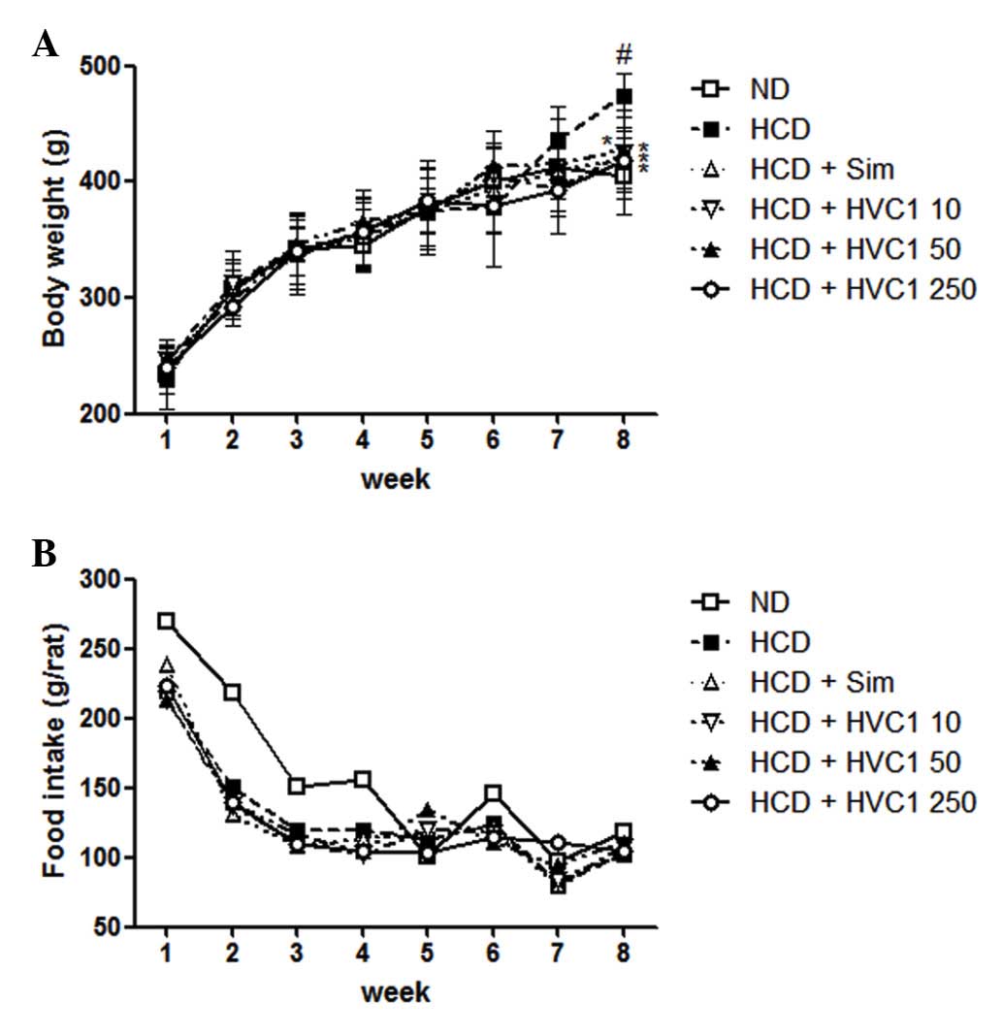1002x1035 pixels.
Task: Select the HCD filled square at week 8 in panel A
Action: pos(625,97)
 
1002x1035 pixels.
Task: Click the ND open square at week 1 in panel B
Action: pos(166,621)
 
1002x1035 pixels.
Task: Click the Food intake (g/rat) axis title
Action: pos(54,753)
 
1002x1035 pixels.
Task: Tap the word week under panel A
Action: pos(395,478)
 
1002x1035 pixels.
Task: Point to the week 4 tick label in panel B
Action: pos(362,953)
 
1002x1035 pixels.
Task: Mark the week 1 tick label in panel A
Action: pos(166,439)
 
